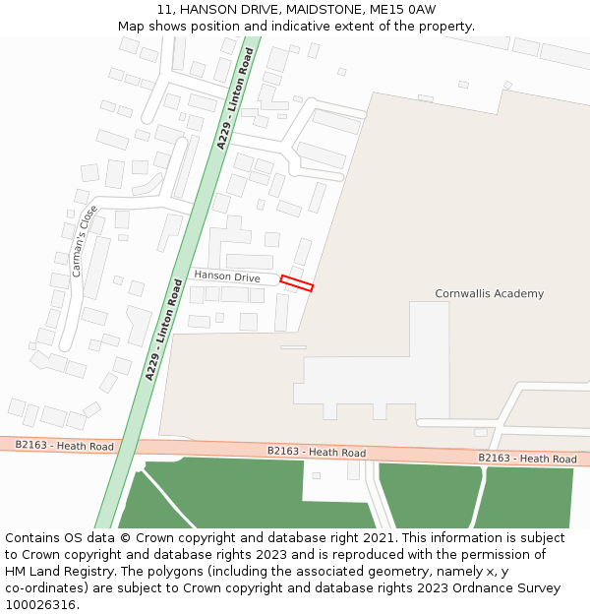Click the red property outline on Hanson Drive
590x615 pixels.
pos(296,283)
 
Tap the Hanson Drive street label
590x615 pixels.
pos(227,277)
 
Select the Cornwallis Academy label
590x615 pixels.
pos(489,293)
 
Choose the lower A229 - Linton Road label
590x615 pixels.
pos(164,330)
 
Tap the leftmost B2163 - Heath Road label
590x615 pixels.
pos(64,445)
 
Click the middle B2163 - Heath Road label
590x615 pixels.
pos(317,452)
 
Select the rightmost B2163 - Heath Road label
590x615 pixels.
pos(527,459)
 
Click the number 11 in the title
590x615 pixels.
pos(164,10)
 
